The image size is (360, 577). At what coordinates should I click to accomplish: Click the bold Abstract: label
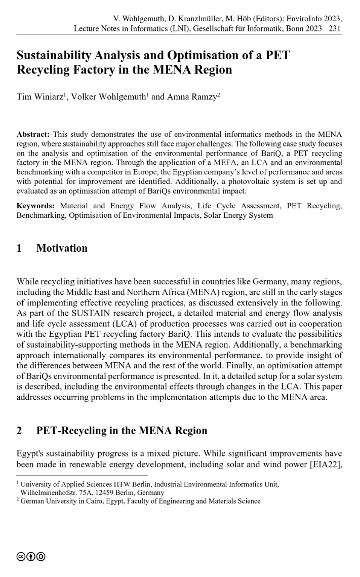(33, 135)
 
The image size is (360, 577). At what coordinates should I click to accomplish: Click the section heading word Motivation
(62, 248)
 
